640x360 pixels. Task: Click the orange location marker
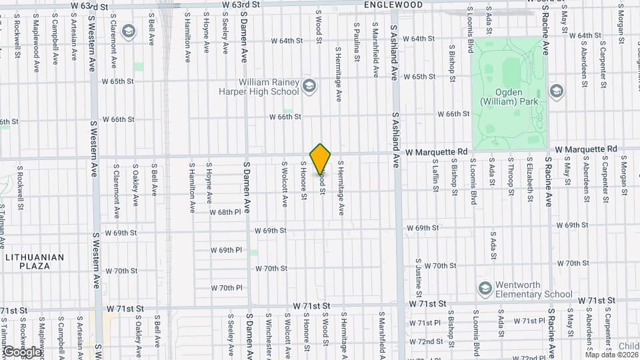(x=321, y=159)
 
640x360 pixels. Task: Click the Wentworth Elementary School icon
(x=485, y=287)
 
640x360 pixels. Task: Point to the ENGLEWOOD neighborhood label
(x=393, y=5)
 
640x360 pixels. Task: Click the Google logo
(x=21, y=351)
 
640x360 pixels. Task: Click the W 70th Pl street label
(x=227, y=289)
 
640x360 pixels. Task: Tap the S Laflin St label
(x=435, y=175)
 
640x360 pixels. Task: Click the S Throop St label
(x=510, y=175)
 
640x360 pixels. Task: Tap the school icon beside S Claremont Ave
(x=127, y=31)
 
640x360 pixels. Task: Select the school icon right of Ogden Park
(x=556, y=91)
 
